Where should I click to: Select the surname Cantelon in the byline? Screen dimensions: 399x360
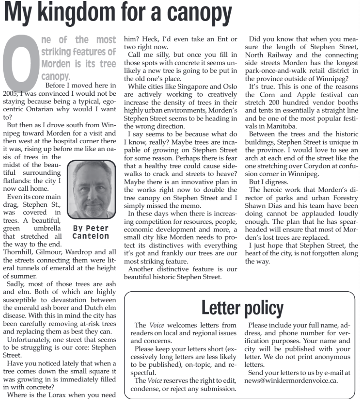(91, 236)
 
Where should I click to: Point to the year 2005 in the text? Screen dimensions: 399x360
(10, 94)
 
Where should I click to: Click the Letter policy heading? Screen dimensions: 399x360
(242, 308)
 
